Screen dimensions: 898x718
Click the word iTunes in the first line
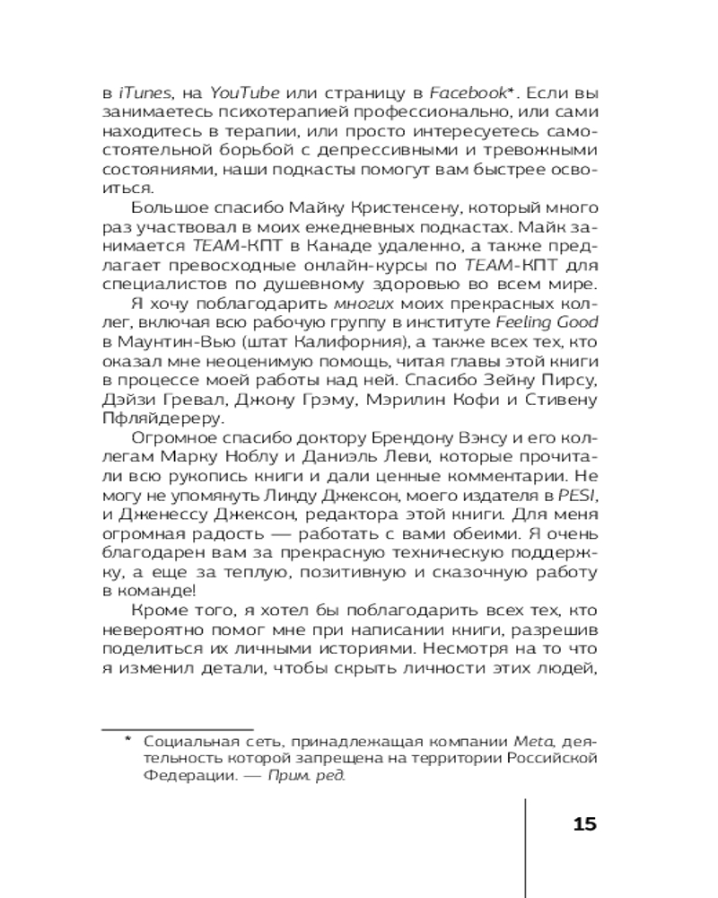point(142,93)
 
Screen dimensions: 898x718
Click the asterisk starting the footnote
point(127,741)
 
